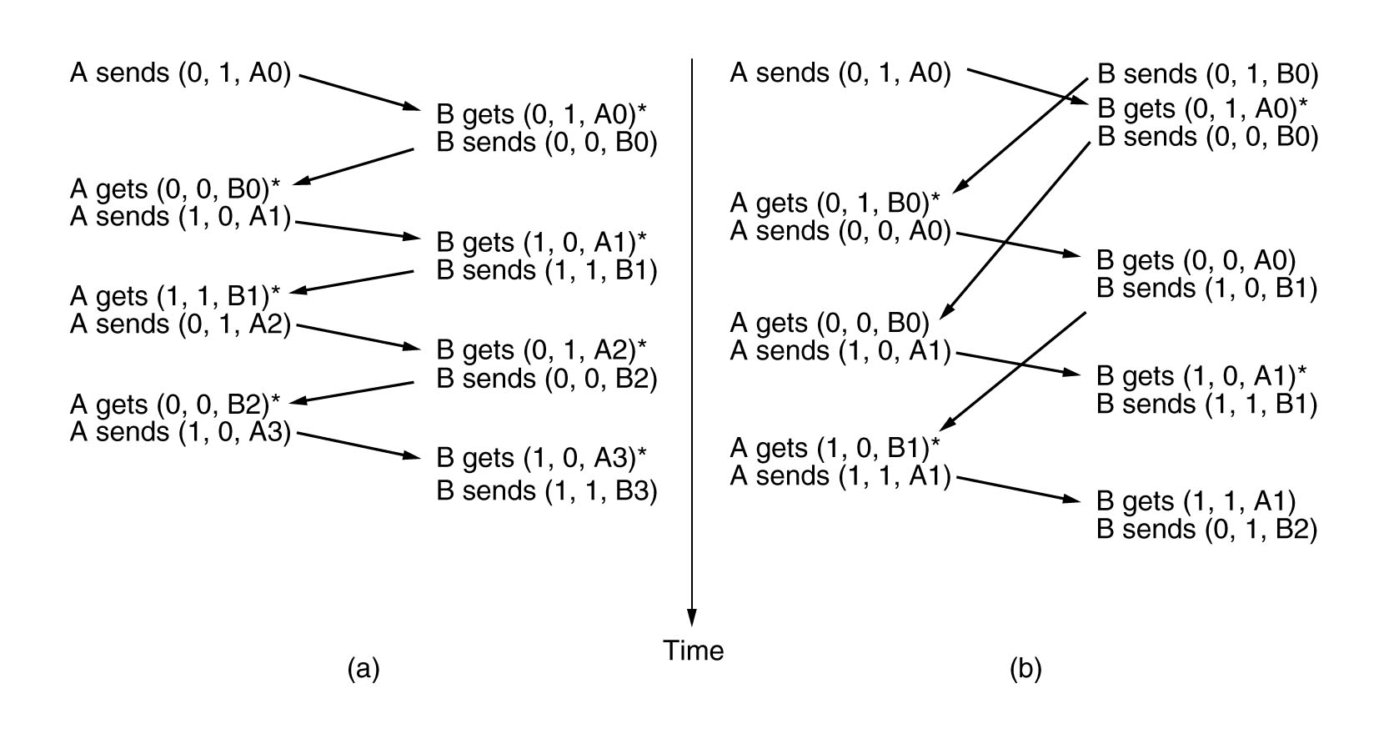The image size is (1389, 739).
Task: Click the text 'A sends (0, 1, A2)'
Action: tap(180, 324)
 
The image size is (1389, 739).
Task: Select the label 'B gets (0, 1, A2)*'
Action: tap(542, 349)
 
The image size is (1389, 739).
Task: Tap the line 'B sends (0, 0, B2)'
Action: tap(547, 379)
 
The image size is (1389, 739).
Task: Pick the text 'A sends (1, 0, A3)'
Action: tap(180, 432)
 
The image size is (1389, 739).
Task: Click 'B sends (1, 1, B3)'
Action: tap(547, 490)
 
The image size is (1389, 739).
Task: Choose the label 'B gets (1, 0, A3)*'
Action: tap(542, 458)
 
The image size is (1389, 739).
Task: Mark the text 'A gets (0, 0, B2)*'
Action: tap(175, 405)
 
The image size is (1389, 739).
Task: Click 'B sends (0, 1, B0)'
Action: tap(1207, 75)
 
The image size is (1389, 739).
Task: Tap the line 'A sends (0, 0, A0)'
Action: tap(840, 231)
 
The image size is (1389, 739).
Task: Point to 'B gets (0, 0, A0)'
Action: tap(1196, 260)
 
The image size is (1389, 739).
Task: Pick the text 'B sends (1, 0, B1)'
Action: tap(1206, 289)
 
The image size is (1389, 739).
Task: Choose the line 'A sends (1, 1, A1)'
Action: tap(840, 476)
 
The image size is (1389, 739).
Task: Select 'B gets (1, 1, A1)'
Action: tap(1196, 501)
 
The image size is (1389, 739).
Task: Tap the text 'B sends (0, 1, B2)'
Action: tap(1206, 530)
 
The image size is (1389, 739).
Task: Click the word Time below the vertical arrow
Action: tap(694, 651)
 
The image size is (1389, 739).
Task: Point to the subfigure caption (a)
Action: tap(364, 669)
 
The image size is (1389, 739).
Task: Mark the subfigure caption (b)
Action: tap(1025, 669)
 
